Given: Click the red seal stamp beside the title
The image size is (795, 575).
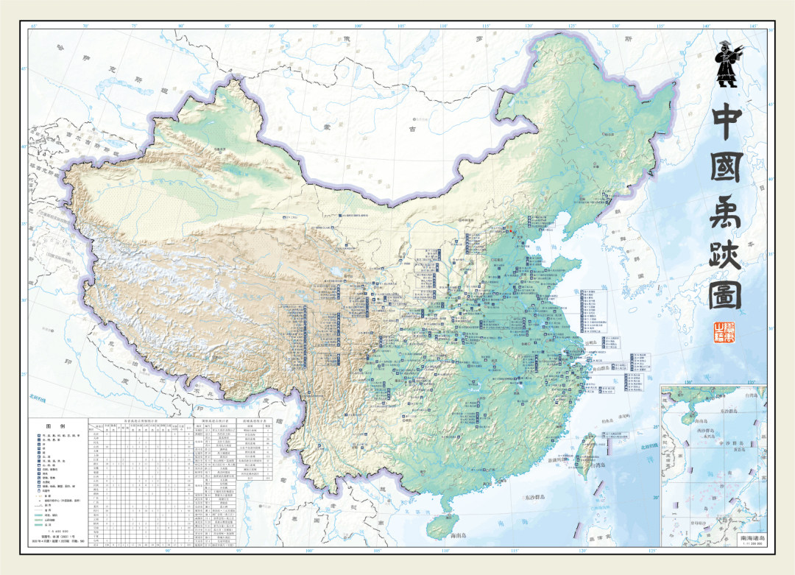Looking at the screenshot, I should coord(726,334).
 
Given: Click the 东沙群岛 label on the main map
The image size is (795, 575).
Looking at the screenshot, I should coord(515,498).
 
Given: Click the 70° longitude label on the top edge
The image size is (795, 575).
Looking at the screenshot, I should coord(85,27).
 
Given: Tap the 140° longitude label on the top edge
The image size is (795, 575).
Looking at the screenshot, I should coord(706,27).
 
